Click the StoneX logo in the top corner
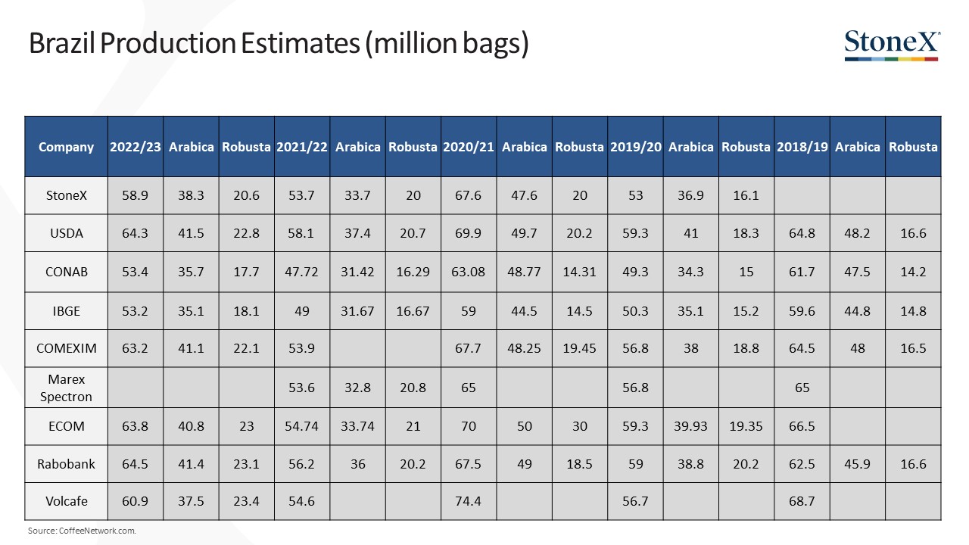pyautogui.click(x=892, y=45)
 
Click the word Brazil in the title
pyautogui.click(x=62, y=43)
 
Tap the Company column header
pyautogui.click(x=66, y=147)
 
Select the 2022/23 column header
pyautogui.click(x=136, y=147)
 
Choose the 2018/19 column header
pyautogui.click(x=802, y=147)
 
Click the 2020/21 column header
pyautogui.click(x=469, y=147)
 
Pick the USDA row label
pyautogui.click(x=66, y=234)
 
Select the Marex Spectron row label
pyautogui.click(x=66, y=388)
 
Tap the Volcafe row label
pyautogui.click(x=66, y=501)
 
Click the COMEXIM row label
pyautogui.click(x=66, y=349)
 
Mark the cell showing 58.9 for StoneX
pyautogui.click(x=135, y=195)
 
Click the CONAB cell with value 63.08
pyautogui.click(x=468, y=272)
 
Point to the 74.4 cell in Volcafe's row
pyautogui.click(x=468, y=501)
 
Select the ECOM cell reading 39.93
pyautogui.click(x=690, y=426)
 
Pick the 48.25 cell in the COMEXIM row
pyautogui.click(x=524, y=349)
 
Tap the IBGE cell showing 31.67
pyautogui.click(x=357, y=311)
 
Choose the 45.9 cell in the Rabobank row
pyautogui.click(x=857, y=464)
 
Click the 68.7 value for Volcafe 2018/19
pyautogui.click(x=802, y=501)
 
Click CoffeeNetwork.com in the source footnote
pyautogui.click(x=98, y=531)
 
